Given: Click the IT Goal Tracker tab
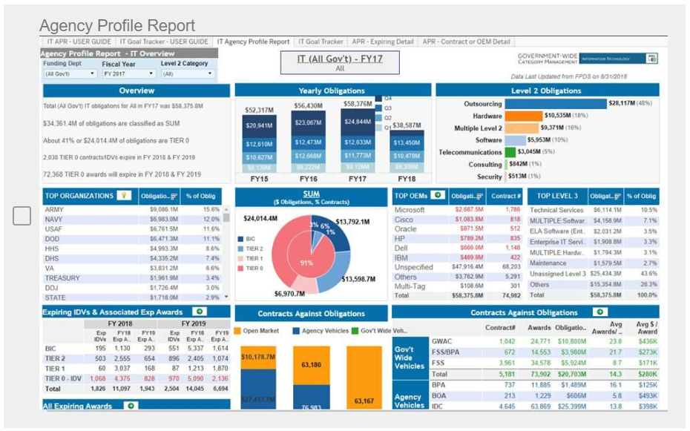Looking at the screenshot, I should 321,42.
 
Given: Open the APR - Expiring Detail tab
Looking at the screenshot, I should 383,42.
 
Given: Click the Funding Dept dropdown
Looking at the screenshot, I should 69,74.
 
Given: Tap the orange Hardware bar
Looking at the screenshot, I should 524,116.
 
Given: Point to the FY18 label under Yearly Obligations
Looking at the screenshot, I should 406,179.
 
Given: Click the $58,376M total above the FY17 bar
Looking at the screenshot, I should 358,104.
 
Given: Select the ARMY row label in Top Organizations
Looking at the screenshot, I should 53,210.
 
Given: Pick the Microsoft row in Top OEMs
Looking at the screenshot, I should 410,210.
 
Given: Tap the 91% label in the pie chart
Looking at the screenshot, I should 306,263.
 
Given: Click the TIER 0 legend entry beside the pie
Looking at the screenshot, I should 254,268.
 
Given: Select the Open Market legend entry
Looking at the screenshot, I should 258,331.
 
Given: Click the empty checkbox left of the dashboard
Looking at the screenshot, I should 22,216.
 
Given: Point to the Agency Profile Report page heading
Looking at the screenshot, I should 117,26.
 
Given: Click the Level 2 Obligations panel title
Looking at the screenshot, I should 546,91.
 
